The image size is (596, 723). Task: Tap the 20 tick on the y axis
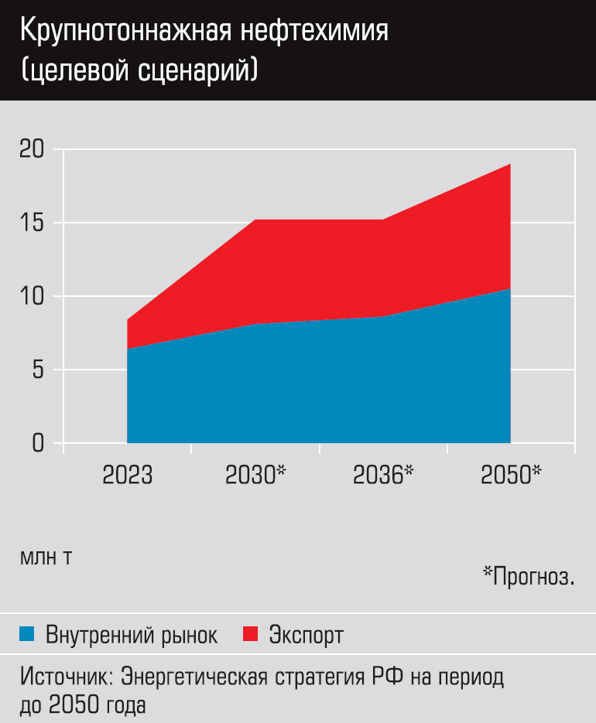pyautogui.click(x=33, y=149)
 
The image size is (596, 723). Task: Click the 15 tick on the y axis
pyautogui.click(x=33, y=223)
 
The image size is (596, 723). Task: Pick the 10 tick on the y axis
pyautogui.click(x=33, y=296)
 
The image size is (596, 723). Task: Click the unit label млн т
pyautogui.click(x=46, y=558)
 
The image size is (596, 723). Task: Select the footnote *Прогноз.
pyautogui.click(x=529, y=575)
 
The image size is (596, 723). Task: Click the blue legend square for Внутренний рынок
pyautogui.click(x=28, y=636)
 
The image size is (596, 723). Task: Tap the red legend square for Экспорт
pyautogui.click(x=250, y=636)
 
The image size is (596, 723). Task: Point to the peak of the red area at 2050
pyautogui.click(x=510, y=165)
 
